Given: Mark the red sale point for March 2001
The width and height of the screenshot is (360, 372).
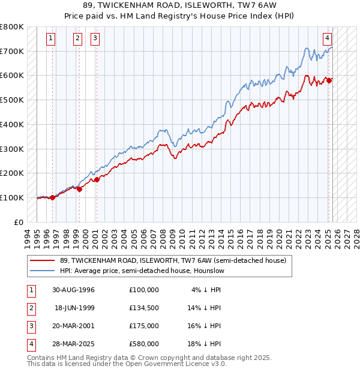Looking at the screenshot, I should [97, 179].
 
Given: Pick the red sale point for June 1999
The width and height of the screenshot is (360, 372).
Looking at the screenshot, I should [79, 189].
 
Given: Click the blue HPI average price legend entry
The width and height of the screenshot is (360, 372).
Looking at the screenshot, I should [142, 271].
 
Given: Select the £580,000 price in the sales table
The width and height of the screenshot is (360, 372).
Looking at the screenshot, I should [144, 344].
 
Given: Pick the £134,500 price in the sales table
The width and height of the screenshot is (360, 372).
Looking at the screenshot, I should [144, 308].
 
